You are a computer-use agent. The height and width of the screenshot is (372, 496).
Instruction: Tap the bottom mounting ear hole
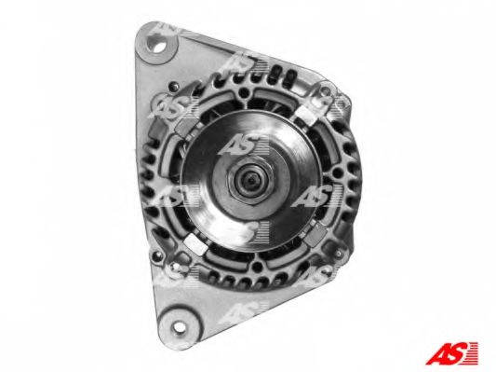click(179, 326)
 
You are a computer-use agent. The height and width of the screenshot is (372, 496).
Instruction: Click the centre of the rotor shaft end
click(251, 180)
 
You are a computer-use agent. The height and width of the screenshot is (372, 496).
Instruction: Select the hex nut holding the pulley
click(250, 181)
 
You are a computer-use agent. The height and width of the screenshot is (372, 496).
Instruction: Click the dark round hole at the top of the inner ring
click(243, 92)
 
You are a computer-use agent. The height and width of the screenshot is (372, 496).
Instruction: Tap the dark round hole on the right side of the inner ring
click(337, 172)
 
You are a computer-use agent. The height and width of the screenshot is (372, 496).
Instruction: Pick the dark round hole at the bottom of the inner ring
click(257, 269)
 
